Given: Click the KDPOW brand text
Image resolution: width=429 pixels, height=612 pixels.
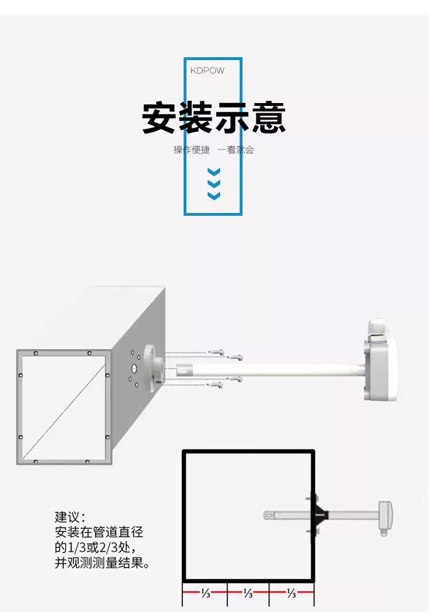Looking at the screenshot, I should click(x=207, y=70).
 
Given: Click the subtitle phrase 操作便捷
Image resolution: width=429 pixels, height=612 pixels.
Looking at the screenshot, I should click(x=192, y=150).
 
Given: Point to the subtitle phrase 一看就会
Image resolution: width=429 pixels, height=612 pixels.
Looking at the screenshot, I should click(x=235, y=150).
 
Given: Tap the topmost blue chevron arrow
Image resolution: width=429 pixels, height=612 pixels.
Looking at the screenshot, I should click(x=213, y=172).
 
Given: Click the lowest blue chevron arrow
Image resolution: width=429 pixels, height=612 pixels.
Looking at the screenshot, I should click(x=213, y=196).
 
